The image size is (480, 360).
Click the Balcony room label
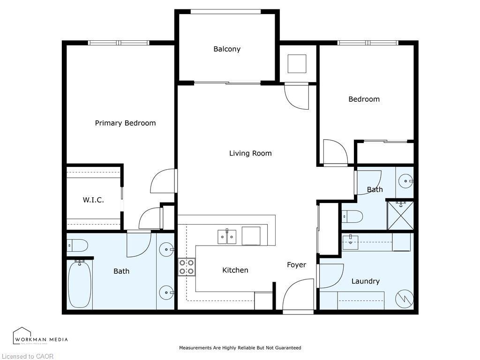point(227,49)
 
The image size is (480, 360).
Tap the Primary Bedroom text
point(125,123)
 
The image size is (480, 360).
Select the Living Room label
point(250,153)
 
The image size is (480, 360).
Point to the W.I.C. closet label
point(93,200)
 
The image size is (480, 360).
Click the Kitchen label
point(235,270)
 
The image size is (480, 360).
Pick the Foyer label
point(296,265)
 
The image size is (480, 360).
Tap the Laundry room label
point(365,281)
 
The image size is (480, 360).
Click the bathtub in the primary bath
point(79,284)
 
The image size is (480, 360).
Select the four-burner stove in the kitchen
point(187,267)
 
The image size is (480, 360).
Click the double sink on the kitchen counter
point(227,237)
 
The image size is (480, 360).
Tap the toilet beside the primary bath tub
point(77,245)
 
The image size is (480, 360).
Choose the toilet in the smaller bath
point(352,217)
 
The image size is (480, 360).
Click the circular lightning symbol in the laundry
point(404,299)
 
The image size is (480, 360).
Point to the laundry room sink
point(351,242)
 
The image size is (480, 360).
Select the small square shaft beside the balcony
point(297,64)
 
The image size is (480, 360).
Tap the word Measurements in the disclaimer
point(195,348)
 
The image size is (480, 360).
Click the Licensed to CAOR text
point(27,356)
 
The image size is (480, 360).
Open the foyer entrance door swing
point(299,294)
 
